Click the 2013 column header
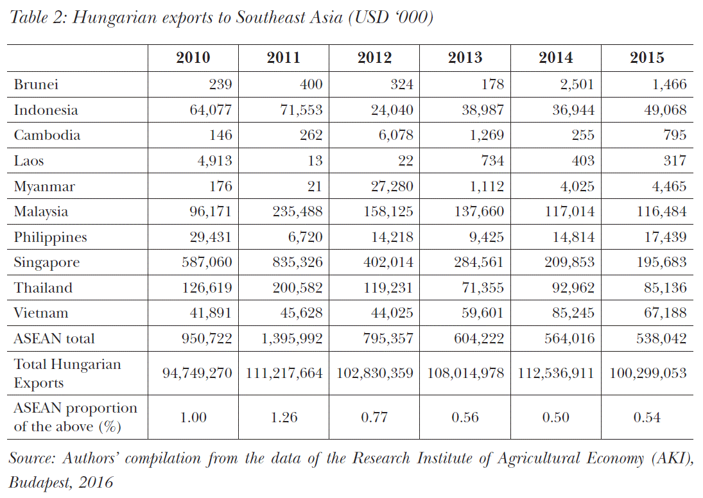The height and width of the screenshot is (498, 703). [465, 58]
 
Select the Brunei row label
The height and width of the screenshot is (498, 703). [37, 84]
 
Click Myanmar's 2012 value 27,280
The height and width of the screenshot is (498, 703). [386, 186]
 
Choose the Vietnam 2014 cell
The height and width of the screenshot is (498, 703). [568, 313]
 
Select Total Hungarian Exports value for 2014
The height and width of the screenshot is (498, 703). [556, 373]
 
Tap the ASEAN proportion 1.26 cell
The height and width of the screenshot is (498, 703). [283, 418]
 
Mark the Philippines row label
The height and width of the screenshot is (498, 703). [50, 237]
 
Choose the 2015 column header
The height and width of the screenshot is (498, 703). [647, 58]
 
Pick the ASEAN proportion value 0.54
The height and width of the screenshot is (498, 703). [647, 418]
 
